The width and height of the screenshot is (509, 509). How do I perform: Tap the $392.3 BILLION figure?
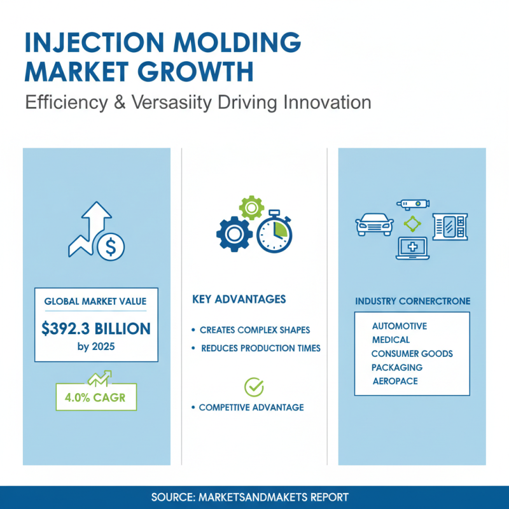96,329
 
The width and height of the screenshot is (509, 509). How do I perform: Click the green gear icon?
251,209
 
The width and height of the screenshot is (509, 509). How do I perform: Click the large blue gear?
234,234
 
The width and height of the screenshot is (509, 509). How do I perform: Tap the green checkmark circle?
254,386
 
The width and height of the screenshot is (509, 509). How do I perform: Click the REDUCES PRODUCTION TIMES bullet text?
260,348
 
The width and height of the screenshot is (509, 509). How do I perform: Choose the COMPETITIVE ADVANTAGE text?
251,407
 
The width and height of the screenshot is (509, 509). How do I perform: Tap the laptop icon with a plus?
412,249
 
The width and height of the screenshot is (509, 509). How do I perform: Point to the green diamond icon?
412,223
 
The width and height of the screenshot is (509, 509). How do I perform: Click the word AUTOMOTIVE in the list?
400,326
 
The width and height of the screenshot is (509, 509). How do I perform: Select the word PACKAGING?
397,367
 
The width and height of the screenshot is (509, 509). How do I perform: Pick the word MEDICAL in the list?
391,340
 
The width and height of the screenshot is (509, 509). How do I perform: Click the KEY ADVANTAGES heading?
239,299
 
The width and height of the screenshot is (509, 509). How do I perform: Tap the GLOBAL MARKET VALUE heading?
96,301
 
